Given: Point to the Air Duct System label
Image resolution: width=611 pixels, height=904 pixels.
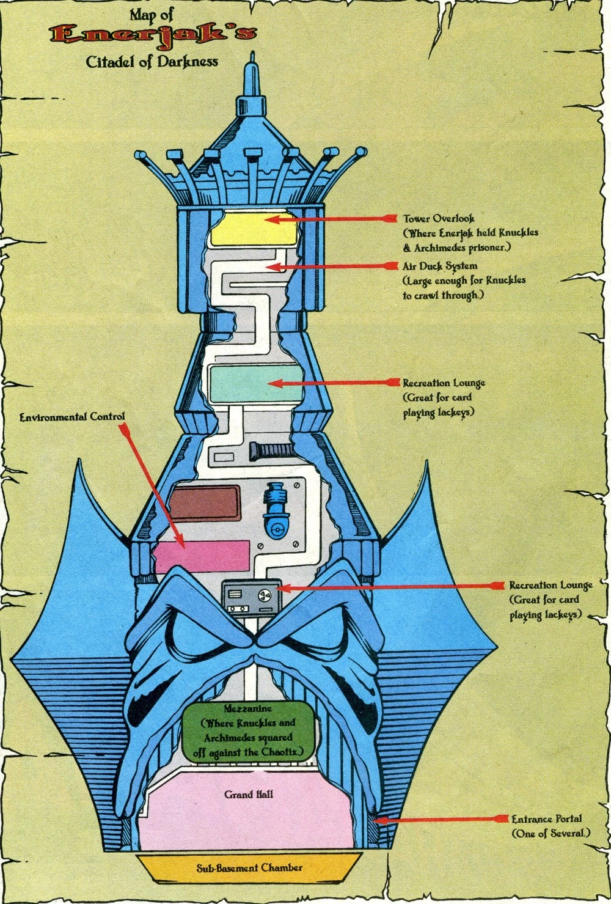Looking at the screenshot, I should point(440,266).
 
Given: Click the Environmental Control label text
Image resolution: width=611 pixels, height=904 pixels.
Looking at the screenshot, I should point(72,417).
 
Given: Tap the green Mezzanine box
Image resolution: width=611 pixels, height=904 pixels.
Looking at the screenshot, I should point(252,731).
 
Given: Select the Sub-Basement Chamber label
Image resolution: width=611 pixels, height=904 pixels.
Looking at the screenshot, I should point(249,867).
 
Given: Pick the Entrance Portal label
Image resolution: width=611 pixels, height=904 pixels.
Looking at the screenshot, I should point(546,819).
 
